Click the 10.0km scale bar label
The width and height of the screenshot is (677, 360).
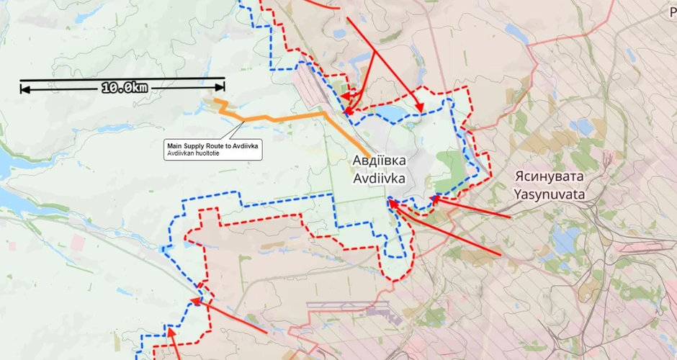click(124, 88)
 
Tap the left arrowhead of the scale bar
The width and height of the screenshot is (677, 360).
click(24, 89)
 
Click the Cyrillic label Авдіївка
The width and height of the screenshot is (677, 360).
click(379, 160)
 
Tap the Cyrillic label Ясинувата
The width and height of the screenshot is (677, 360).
click(550, 176)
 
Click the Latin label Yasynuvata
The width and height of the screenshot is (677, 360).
click(550, 194)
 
